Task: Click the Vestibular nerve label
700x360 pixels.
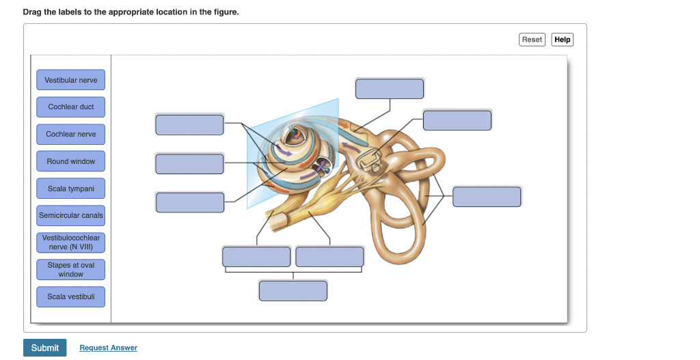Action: click(x=71, y=80)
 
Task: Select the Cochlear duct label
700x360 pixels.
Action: click(x=71, y=107)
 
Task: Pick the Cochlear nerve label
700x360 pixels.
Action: click(x=71, y=134)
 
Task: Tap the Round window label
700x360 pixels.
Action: click(x=71, y=161)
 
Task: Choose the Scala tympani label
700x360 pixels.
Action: click(x=71, y=189)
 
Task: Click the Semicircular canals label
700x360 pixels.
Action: click(x=71, y=215)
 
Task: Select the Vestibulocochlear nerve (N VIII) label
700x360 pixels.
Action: click(x=71, y=243)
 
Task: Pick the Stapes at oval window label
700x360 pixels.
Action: click(x=71, y=269)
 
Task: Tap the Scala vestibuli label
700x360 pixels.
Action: click(x=71, y=296)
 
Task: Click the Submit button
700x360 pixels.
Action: click(x=45, y=348)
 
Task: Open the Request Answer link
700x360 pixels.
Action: click(x=108, y=348)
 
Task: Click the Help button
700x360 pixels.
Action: click(x=562, y=40)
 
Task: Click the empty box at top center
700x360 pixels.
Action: click(x=390, y=89)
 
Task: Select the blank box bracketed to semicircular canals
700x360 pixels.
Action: click(x=487, y=197)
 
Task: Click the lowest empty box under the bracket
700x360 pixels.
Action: click(x=293, y=290)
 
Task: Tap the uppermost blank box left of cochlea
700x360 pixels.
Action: click(x=189, y=125)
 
